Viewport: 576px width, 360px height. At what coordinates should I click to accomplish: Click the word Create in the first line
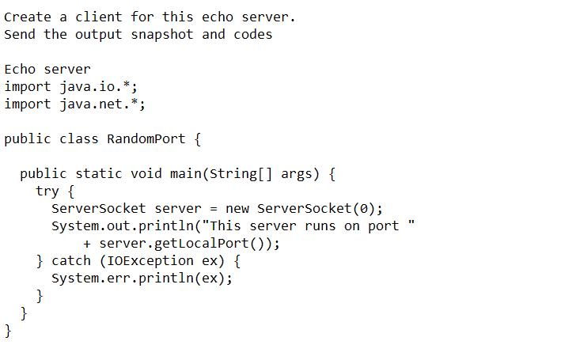click(28, 17)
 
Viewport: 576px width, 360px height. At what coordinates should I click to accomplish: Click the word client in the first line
click(99, 17)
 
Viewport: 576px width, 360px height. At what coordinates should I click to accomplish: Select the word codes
click(253, 34)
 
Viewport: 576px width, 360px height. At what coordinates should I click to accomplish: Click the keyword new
click(237, 208)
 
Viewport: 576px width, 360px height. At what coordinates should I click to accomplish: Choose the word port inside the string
click(384, 225)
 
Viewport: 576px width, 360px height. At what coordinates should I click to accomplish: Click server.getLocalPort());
click(190, 243)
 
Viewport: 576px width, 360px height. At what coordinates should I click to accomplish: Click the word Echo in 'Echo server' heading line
click(20, 69)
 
